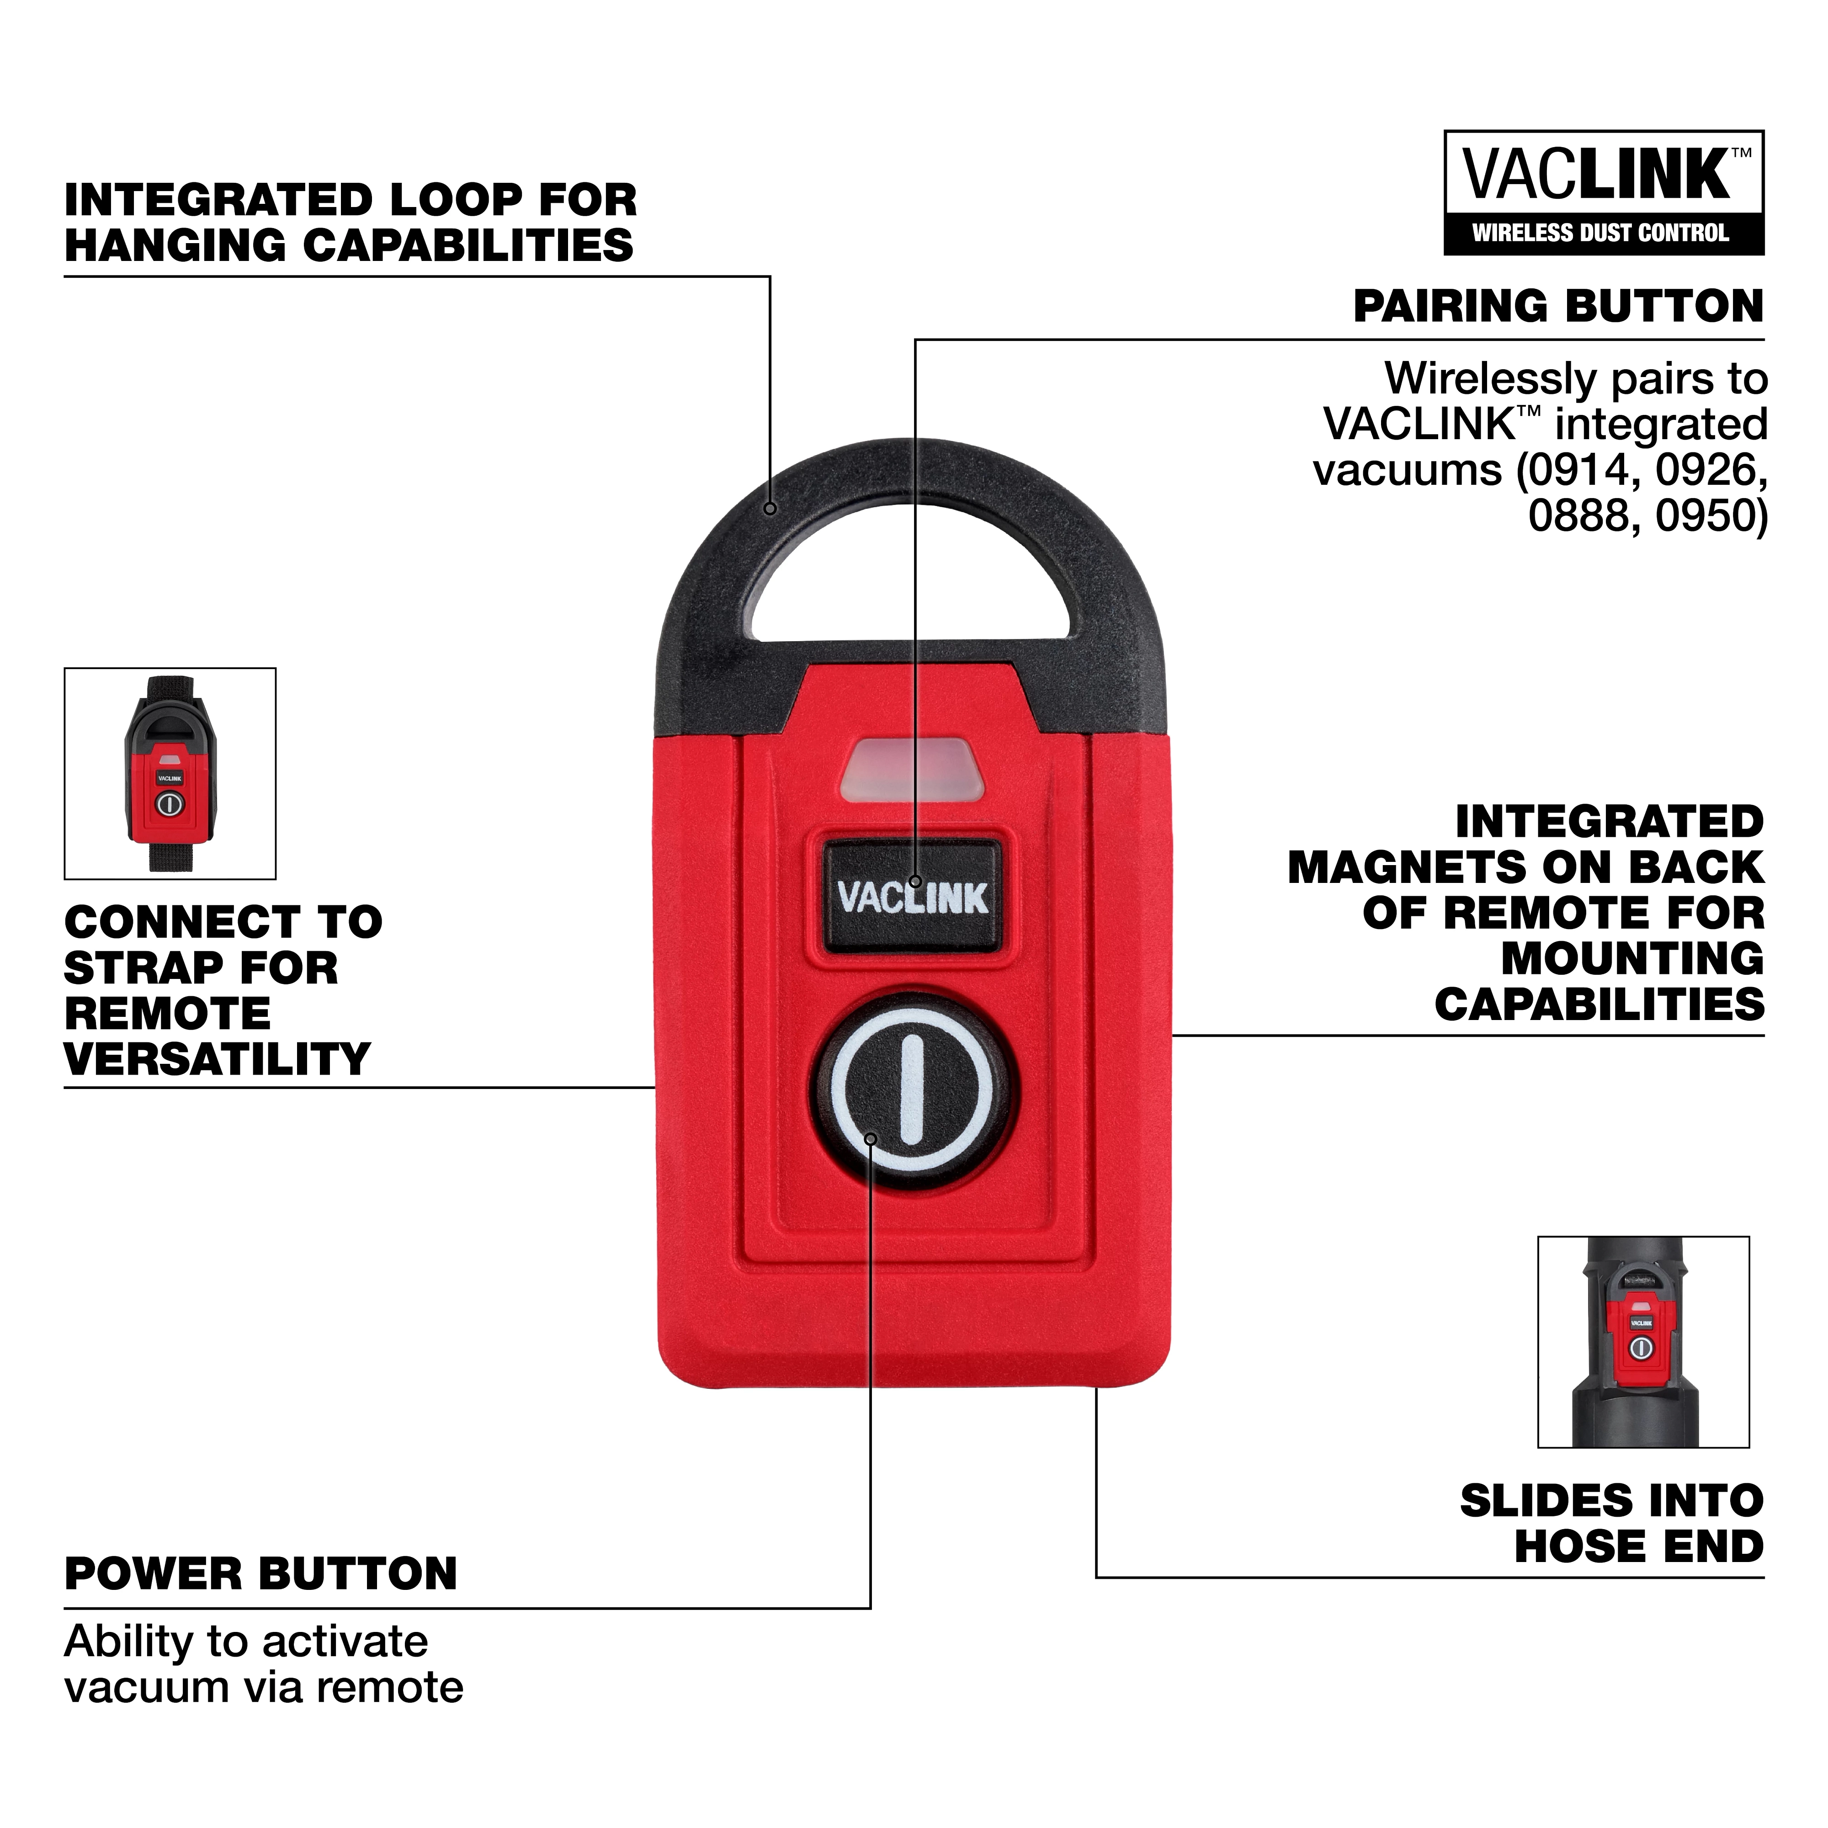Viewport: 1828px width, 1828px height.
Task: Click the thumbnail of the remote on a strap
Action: coord(170,773)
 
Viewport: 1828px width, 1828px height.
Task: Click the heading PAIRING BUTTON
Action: coord(1558,307)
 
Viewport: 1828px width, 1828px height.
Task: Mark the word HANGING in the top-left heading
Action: coord(175,246)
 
